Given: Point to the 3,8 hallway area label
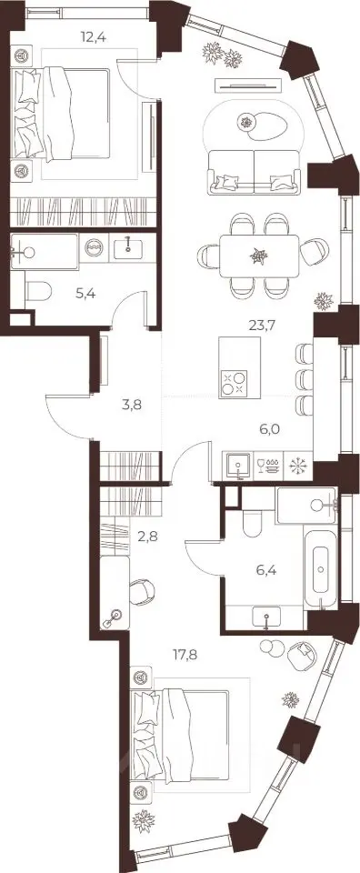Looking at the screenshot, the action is pyautogui.click(x=131, y=405).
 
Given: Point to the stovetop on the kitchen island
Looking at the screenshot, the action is pyautogui.click(x=234, y=384).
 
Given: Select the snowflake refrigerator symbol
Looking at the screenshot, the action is pyautogui.click(x=298, y=466).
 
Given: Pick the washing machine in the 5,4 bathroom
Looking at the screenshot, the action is pyautogui.click(x=93, y=247).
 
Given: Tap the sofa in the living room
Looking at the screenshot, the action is pyautogui.click(x=254, y=172).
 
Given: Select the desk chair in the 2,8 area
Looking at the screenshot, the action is pyautogui.click(x=143, y=592).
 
